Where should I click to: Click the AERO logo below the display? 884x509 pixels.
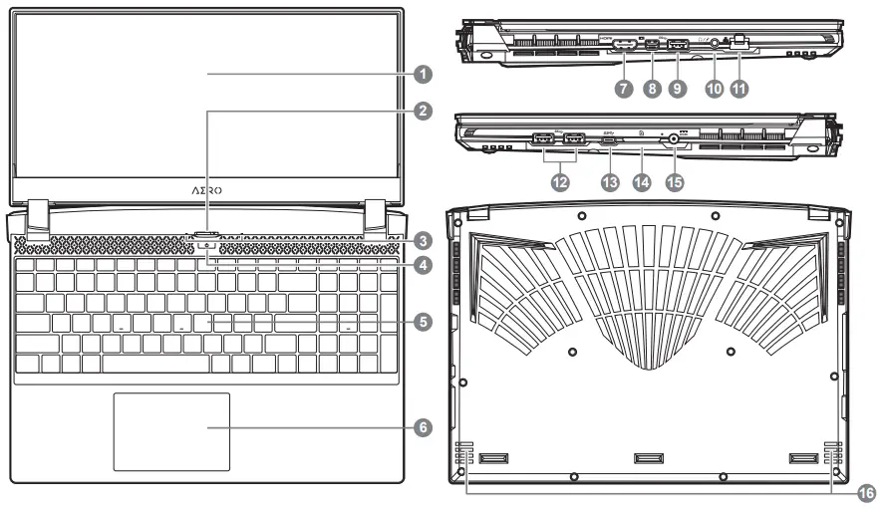(207, 189)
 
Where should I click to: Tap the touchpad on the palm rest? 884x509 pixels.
(171, 431)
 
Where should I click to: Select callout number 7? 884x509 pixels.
(624, 88)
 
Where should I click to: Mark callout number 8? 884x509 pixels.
(653, 88)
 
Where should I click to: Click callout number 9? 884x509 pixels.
(682, 88)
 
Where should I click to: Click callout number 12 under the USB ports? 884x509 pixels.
(560, 183)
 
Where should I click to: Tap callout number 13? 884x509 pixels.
(612, 183)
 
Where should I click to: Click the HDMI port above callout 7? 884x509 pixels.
(625, 45)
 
